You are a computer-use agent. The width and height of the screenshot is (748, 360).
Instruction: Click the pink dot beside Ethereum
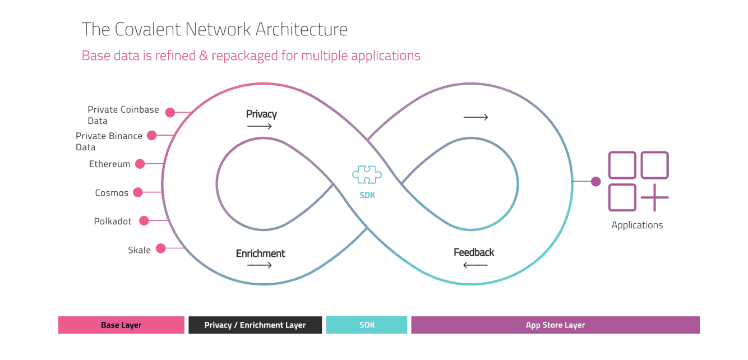140,164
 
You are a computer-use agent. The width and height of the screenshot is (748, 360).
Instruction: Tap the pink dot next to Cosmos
138,192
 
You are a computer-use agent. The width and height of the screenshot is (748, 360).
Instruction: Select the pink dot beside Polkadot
144,221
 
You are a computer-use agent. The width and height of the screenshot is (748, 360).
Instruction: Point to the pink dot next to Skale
161,248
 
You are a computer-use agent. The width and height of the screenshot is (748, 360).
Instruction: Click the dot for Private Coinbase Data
170,113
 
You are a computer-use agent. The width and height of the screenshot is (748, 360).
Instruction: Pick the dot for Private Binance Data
152,135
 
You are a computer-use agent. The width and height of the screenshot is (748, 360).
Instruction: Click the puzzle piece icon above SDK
367,174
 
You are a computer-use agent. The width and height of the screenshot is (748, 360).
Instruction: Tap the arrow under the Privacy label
260,126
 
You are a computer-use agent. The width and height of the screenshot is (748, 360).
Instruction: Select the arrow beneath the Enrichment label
260,265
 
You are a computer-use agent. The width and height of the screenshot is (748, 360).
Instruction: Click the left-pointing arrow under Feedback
475,265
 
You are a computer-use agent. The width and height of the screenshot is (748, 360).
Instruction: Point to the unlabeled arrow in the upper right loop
476,117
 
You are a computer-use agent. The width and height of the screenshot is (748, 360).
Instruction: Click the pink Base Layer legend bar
121,325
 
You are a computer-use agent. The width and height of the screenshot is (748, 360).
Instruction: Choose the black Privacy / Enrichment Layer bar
255,325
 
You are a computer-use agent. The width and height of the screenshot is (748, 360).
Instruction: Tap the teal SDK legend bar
367,325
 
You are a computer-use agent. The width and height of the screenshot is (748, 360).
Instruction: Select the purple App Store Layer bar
555,325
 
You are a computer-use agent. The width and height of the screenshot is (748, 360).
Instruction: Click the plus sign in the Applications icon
654,198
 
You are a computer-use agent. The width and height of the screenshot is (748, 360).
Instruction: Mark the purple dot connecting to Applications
595,181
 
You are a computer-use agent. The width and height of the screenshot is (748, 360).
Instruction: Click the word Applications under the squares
637,225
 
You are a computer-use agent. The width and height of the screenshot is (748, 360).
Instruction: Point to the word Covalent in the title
147,29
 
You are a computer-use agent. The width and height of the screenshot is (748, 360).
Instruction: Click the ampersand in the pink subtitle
204,56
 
